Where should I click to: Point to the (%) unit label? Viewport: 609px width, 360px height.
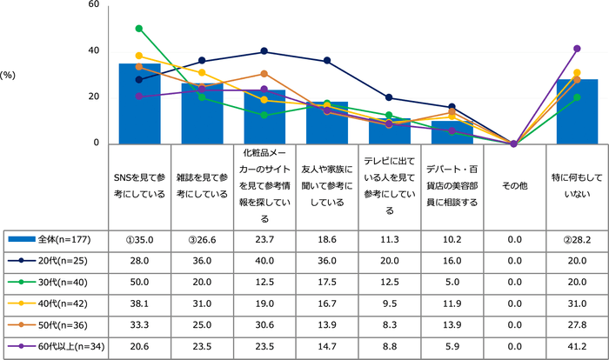(x=13, y=75)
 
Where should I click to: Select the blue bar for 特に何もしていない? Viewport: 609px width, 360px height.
(x=577, y=111)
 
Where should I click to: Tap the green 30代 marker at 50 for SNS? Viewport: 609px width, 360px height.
(x=139, y=28)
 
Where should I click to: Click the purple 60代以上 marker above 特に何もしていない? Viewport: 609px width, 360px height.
(x=577, y=49)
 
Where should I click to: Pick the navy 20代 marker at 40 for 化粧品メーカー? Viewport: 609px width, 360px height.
(x=264, y=51)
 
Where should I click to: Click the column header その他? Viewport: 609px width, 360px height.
(x=513, y=185)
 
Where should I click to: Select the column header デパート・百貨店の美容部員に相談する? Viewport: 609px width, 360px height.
(x=451, y=185)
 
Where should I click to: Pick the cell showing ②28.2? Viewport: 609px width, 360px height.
(x=577, y=238)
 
